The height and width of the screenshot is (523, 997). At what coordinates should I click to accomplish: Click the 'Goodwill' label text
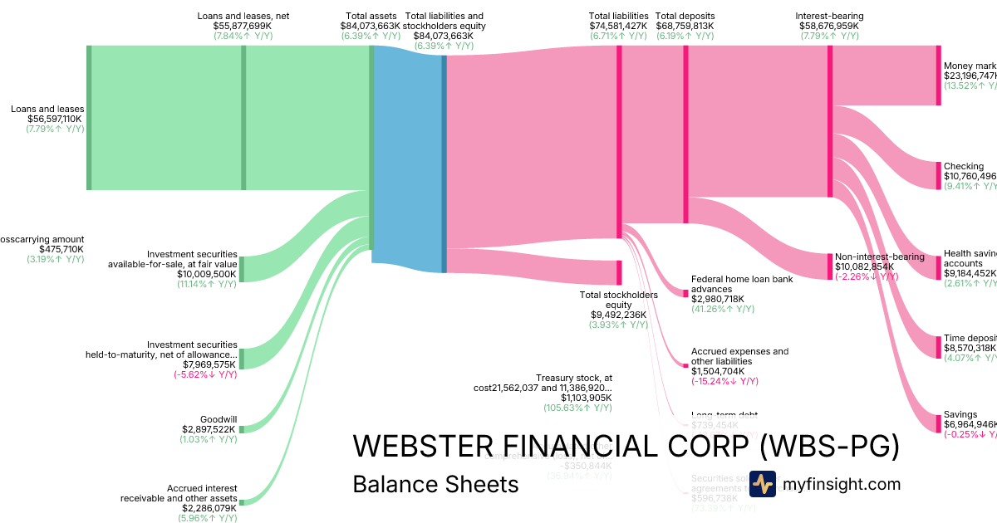[219, 419]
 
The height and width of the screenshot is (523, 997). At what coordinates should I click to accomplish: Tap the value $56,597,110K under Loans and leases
[55, 119]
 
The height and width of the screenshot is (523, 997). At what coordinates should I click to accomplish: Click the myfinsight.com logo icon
[762, 484]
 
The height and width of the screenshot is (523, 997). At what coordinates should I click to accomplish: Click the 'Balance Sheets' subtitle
[435, 484]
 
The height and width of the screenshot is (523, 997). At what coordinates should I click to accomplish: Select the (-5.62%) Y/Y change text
[204, 374]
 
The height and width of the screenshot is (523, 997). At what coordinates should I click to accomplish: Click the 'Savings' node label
[960, 414]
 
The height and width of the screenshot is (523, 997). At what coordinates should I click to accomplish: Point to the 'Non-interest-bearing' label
[879, 257]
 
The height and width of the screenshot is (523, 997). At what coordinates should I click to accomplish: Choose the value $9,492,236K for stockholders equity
[619, 315]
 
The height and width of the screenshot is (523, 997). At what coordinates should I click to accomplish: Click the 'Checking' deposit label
[963, 166]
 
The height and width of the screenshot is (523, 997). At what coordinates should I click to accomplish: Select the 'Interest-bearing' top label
[828, 16]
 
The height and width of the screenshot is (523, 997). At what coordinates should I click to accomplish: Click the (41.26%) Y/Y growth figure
[723, 309]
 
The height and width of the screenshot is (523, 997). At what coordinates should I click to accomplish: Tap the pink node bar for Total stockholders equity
[618, 271]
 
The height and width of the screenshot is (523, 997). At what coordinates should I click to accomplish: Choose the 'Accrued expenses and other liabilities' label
[739, 356]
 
